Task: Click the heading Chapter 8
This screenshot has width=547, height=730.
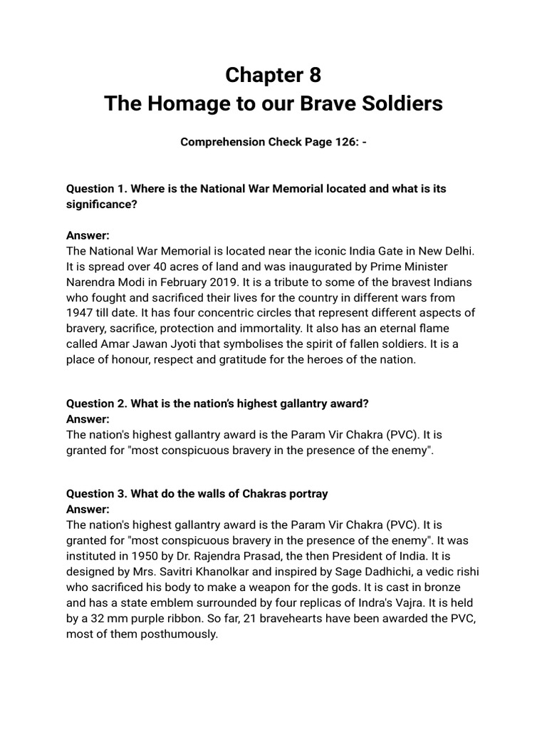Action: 273,74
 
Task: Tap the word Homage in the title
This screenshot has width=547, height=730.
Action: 185,103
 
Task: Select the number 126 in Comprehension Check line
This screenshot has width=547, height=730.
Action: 340,142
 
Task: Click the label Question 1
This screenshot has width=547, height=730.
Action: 94,189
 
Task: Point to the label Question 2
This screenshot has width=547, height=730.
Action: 94,403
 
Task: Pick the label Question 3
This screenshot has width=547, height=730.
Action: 94,493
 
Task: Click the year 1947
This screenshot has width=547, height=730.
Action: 80,312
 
